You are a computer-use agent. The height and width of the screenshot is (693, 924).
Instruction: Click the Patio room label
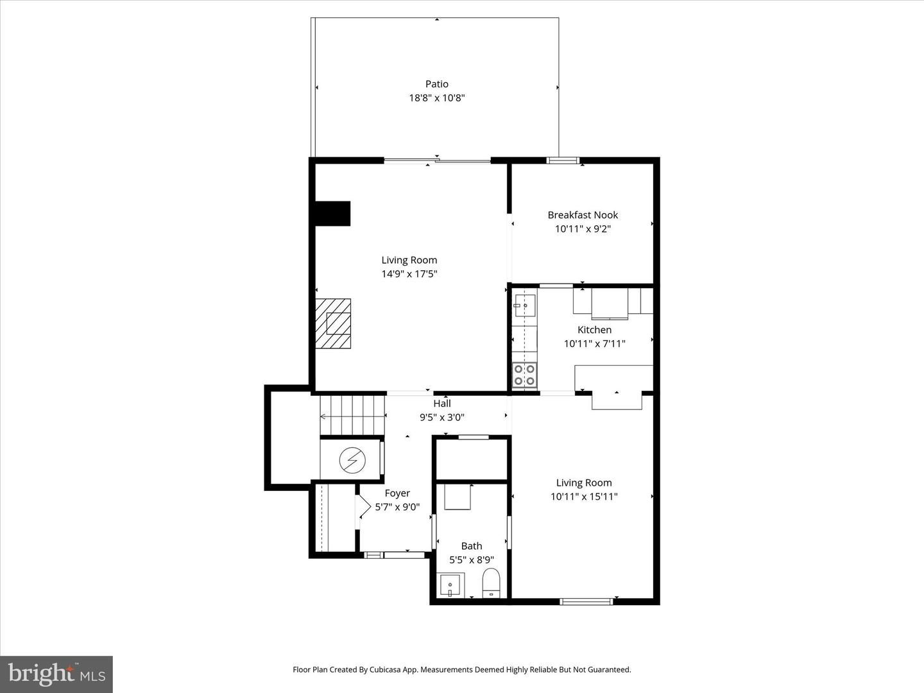coord(436,84)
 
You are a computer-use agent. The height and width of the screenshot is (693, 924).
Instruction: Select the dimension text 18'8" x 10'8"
coord(436,98)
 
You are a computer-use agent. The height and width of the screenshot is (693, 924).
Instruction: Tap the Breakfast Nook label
coord(583,215)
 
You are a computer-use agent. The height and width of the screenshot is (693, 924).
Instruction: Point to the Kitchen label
coord(594,330)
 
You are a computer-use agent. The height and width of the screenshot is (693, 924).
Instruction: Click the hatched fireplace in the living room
coord(334,323)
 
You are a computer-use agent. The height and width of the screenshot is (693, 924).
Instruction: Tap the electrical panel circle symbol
coord(352,459)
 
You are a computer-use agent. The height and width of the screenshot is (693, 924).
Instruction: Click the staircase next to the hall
coord(352,416)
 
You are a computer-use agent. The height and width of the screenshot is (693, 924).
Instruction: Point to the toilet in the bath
coord(491,583)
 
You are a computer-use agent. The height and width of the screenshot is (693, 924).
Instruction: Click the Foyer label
coord(397,493)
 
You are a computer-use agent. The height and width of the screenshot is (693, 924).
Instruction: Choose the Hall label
coord(441,404)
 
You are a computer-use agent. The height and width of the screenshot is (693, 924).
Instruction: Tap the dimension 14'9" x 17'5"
coord(409,274)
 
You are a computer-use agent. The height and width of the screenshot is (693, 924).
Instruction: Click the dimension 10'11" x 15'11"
coord(584,497)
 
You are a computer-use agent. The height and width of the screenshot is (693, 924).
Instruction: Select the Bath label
coord(472,546)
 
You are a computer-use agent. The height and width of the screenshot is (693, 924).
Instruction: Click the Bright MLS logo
coord(56,674)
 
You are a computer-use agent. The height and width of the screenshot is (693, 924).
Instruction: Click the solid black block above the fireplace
coord(332,214)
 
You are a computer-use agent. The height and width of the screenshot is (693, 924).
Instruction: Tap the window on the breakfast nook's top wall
coord(563,160)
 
